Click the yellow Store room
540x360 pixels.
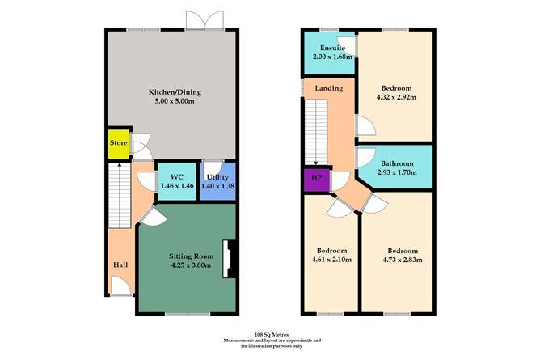point(119,144)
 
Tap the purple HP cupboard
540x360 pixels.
point(317,180)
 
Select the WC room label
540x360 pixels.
point(177,177)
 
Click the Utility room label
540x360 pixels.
point(217,177)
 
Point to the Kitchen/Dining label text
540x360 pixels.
point(175,92)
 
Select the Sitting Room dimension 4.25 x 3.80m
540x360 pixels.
point(191,265)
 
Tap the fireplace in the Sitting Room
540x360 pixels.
point(229,259)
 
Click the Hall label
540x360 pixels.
point(120,265)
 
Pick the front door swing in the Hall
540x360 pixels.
point(121,286)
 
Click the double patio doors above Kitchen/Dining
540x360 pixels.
point(205,20)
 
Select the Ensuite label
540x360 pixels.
point(332,48)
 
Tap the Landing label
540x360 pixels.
point(329,88)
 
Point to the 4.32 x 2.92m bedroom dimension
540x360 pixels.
point(396,97)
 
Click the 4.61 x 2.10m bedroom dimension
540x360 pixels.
point(331,260)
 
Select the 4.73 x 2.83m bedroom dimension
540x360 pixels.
point(403,260)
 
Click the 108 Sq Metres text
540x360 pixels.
point(272,334)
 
